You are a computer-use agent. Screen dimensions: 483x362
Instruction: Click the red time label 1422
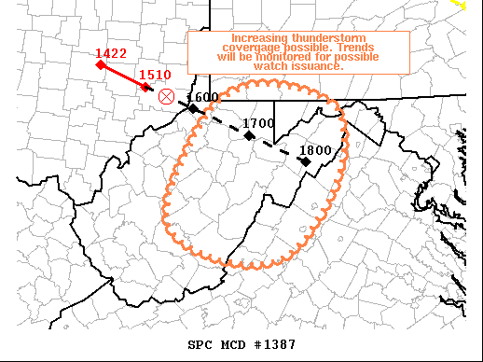pyautogui.click(x=111, y=54)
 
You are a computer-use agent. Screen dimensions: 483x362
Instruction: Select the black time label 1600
pyautogui.click(x=202, y=97)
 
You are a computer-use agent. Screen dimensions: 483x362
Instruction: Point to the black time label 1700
pyautogui.click(x=257, y=122)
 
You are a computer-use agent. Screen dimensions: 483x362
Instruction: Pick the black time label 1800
pyautogui.click(x=314, y=149)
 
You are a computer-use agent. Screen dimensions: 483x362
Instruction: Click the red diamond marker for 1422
pyautogui.click(x=100, y=64)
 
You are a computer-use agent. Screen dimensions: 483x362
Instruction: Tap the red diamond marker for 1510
pyautogui.click(x=145, y=87)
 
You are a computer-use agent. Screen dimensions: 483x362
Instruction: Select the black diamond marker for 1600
pyautogui.click(x=193, y=108)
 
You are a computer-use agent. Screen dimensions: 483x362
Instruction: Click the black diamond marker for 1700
pyautogui.click(x=249, y=135)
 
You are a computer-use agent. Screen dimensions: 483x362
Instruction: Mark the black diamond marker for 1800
pyautogui.click(x=305, y=160)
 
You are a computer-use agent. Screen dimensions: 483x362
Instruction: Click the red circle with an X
pyautogui.click(x=167, y=95)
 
